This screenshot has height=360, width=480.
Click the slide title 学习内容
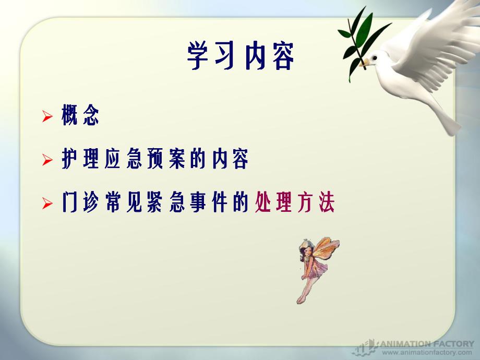click(x=241, y=57)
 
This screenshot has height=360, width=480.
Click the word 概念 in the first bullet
click(x=80, y=116)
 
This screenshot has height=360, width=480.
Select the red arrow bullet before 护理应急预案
click(x=47, y=160)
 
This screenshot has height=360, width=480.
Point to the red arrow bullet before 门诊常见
click(x=47, y=203)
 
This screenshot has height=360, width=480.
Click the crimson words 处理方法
click(x=294, y=203)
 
